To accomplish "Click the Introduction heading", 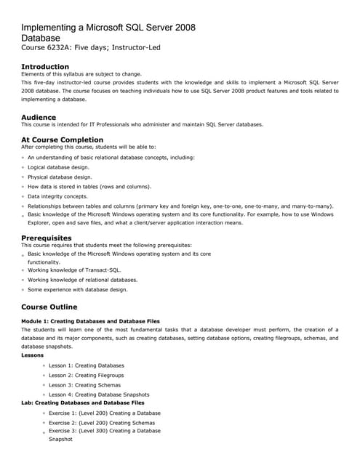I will point(45,67).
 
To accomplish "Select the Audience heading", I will point(39,116).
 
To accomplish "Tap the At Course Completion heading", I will point(62,139).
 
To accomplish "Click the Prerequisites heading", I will point(47,238).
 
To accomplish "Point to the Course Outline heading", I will point(49,307).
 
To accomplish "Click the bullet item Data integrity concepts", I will point(57,196).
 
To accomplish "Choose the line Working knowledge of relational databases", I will point(82,280).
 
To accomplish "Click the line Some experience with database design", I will point(77,290).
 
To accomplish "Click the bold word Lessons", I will point(33,355).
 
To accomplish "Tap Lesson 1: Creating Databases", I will point(86,365).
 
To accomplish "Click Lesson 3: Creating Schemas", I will point(84,385).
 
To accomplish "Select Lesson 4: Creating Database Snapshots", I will point(99,395).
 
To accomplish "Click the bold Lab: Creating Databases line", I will point(83,403).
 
